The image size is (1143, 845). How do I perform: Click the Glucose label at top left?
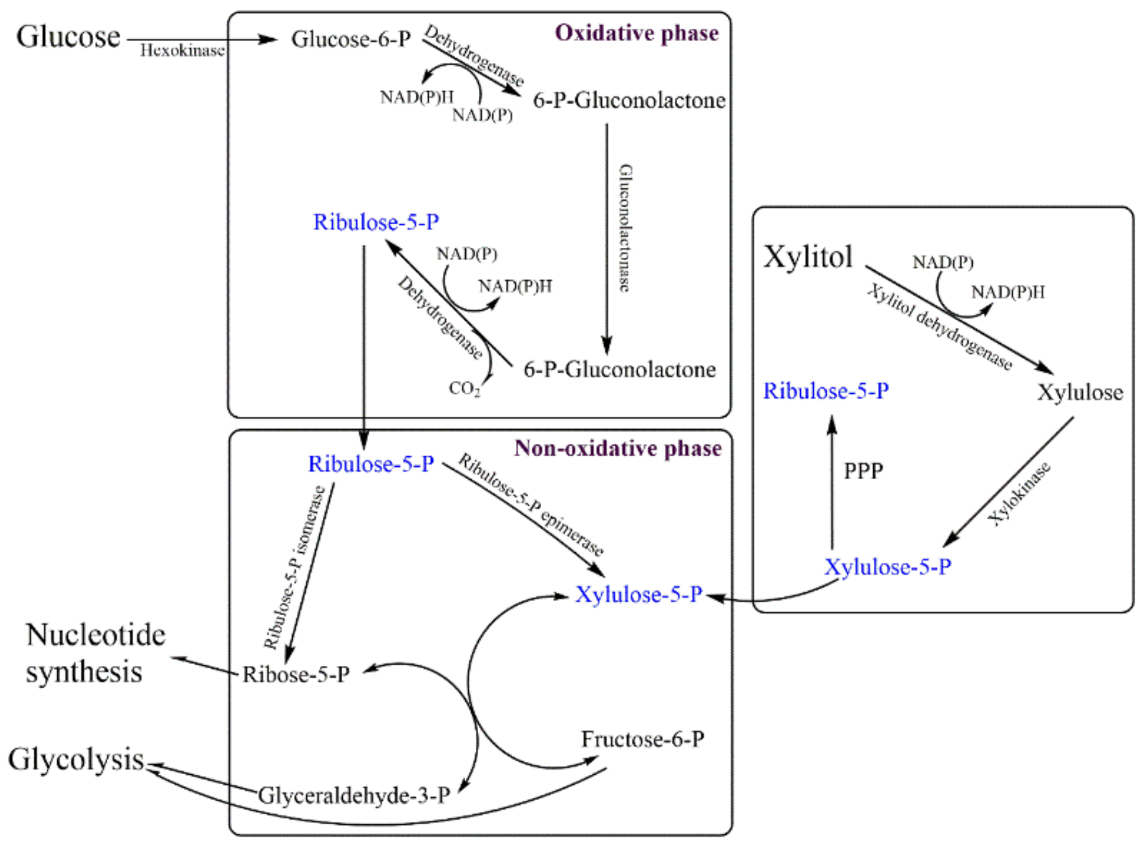[68, 37]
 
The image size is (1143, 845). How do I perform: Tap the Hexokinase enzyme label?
[182, 51]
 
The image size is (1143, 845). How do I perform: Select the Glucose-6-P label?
[351, 39]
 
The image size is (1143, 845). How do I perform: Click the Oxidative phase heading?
[636, 33]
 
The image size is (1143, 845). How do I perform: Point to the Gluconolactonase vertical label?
[625, 228]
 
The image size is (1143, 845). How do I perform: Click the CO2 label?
[464, 388]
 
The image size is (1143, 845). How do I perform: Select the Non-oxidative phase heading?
[618, 448]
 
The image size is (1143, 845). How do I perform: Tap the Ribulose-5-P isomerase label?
[294, 567]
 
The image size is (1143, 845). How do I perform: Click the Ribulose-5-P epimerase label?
[531, 505]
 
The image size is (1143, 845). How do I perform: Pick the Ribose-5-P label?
[296, 674]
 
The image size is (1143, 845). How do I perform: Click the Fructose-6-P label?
[642, 739]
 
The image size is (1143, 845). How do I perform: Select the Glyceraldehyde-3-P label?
[354, 796]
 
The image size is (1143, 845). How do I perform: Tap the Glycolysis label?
[76, 760]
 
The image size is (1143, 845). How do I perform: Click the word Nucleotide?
[96, 635]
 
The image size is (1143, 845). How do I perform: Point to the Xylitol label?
[808, 257]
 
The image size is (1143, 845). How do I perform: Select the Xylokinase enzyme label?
[1019, 494]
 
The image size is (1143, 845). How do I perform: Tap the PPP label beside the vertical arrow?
[863, 471]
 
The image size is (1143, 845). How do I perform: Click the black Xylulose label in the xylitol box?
[1079, 392]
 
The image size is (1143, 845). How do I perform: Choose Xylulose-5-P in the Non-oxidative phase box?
[638, 594]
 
